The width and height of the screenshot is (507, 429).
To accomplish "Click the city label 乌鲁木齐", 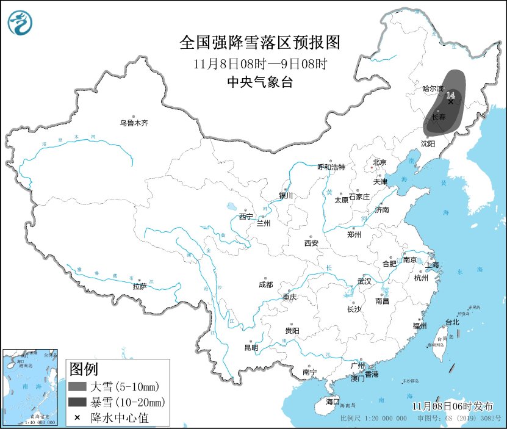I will point(134,123).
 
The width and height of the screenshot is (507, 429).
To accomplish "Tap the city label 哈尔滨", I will point(433,88).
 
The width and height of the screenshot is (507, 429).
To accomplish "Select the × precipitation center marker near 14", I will point(451,103).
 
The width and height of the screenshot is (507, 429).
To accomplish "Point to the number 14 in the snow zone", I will point(451,95).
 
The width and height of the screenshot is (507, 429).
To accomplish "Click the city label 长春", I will point(439,117).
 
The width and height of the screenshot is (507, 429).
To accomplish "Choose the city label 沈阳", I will point(428,143).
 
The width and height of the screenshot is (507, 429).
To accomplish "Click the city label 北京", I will point(379,162).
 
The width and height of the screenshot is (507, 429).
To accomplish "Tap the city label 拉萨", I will point(140,286).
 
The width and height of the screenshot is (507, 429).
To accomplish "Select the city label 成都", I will point(265,284).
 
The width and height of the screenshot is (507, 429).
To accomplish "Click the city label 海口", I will point(333,402).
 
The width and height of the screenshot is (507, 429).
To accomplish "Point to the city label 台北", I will point(451,322).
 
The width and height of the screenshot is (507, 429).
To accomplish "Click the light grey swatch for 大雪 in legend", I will point(77,386).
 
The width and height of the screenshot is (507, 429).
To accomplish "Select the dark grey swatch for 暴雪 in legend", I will point(77,402).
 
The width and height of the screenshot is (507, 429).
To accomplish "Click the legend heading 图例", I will point(83,369).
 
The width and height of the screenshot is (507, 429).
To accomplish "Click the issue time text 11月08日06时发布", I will point(453,406).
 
